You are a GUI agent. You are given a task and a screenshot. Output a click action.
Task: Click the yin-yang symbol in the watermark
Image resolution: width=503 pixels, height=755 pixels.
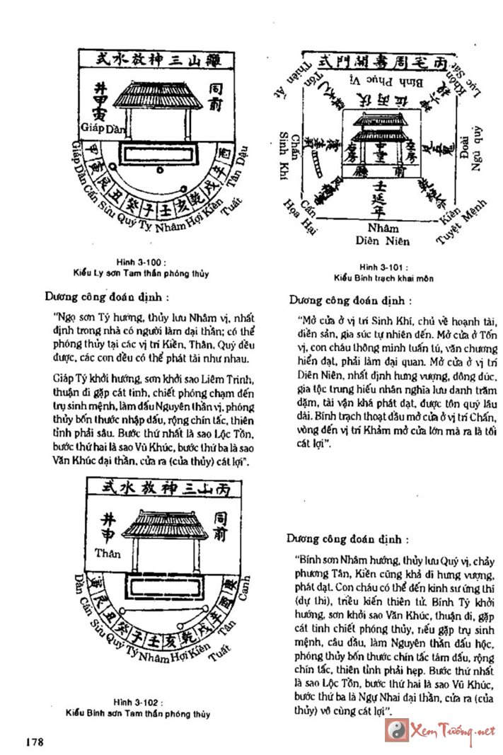395,730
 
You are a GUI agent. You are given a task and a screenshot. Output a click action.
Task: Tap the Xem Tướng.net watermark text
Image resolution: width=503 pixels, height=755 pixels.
453,730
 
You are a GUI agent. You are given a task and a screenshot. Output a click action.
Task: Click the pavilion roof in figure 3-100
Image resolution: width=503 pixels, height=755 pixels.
157,95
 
